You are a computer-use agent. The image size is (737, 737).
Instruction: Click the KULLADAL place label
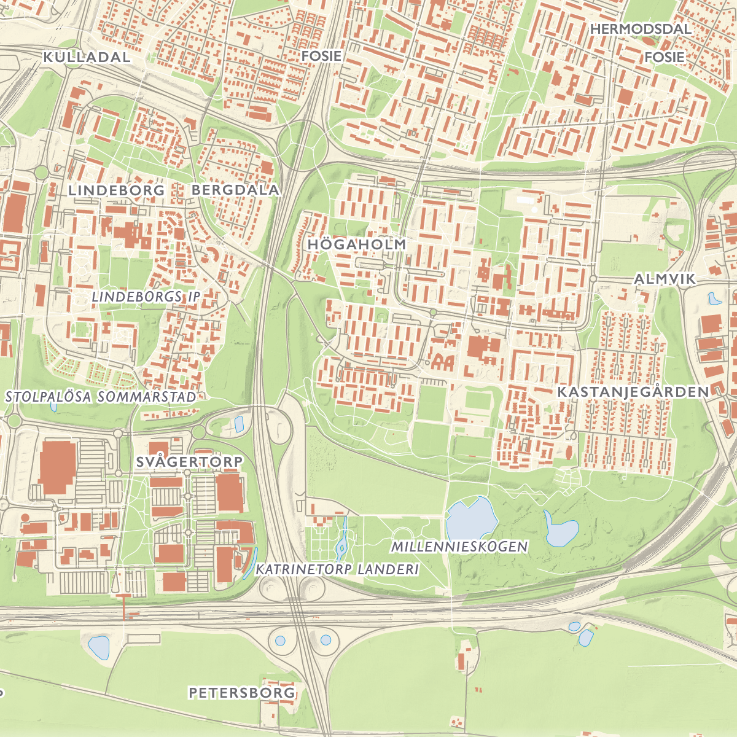pyautogui.click(x=87, y=57)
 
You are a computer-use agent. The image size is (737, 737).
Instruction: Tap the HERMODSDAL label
pyautogui.click(x=641, y=29)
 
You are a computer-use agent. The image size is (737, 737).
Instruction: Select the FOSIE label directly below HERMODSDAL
pyautogui.click(x=664, y=57)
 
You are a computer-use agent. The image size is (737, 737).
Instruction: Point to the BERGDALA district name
pyautogui.click(x=235, y=190)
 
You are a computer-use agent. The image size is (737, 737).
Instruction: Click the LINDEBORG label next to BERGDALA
pyautogui.click(x=116, y=190)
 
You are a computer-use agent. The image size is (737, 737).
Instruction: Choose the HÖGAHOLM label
pyautogui.click(x=357, y=244)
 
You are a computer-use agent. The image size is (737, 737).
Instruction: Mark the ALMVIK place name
pyautogui.click(x=665, y=279)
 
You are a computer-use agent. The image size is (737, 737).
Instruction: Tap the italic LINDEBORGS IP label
pyautogui.click(x=146, y=297)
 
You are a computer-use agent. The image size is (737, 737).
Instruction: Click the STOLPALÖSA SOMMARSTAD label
pyautogui.click(x=101, y=397)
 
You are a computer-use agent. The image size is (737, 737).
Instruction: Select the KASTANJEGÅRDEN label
pyautogui.click(x=633, y=392)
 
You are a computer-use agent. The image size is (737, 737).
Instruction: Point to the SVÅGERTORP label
pyautogui.click(x=189, y=461)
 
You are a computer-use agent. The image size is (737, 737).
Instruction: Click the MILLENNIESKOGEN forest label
pyautogui.click(x=459, y=546)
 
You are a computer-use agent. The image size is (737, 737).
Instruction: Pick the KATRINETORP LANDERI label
pyautogui.click(x=337, y=569)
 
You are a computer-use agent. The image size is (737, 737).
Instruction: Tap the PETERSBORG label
pyautogui.click(x=241, y=693)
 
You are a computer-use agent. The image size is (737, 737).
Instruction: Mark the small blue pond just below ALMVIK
pyautogui.click(x=714, y=299)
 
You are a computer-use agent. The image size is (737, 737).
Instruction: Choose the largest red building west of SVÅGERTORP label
pyautogui.click(x=58, y=466)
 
